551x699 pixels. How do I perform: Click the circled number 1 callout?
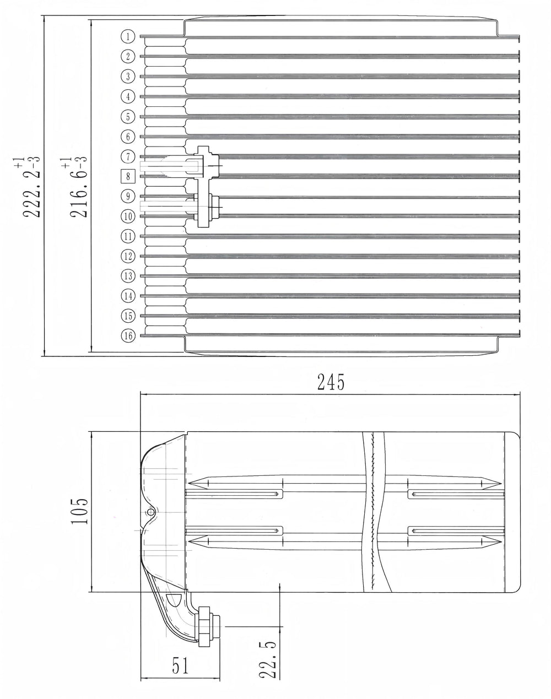128,36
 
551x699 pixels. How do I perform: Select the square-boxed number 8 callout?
128,176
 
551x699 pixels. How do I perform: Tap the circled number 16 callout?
128,335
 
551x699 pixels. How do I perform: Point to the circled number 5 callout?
128,116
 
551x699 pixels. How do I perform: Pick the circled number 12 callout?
128,256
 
